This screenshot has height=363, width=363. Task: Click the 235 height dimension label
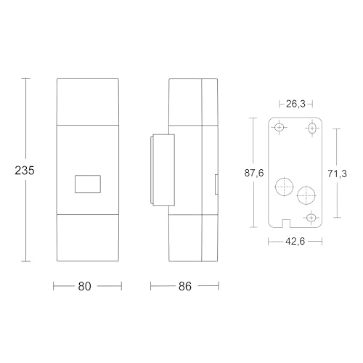(25, 171)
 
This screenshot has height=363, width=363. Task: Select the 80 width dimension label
(84, 286)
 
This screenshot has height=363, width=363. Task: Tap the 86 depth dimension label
(185, 286)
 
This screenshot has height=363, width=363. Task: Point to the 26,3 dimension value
(295, 104)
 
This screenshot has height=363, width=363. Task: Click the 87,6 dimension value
(254, 173)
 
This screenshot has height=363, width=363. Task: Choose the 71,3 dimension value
(337, 174)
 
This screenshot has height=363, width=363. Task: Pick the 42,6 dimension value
(295, 241)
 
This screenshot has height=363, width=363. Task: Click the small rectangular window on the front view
(88, 184)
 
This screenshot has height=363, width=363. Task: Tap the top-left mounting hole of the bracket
(280, 127)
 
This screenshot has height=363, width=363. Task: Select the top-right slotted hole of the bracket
(312, 128)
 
